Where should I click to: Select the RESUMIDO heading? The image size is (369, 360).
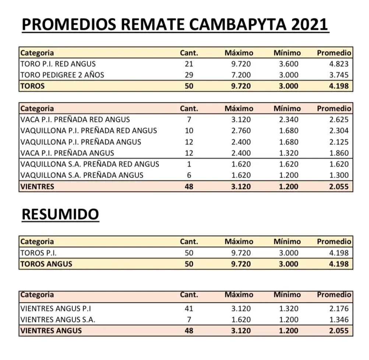coord(60,214)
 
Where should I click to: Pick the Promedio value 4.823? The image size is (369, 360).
coord(339,64)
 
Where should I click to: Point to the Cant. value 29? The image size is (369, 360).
coord(189,75)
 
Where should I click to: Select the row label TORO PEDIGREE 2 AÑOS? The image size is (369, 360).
coord(62,75)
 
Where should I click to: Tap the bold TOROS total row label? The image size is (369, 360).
coord(32,86)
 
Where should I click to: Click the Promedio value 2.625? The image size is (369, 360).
coord(339,119)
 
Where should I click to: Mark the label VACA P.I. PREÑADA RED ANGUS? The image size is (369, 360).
coord(75,119)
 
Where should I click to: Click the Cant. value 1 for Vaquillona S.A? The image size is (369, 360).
coord(189,164)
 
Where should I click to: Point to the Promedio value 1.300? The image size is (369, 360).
coord(339,175)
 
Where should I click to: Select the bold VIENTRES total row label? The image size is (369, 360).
coord(37,186)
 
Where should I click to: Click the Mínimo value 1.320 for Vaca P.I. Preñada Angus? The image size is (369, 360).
coord(289,153)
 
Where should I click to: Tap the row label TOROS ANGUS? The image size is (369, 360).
coord(46,264)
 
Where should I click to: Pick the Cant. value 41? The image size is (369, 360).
coord(189,308)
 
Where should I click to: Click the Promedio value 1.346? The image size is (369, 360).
coord(339,319)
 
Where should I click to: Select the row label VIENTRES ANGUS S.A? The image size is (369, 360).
coord(58,319)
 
